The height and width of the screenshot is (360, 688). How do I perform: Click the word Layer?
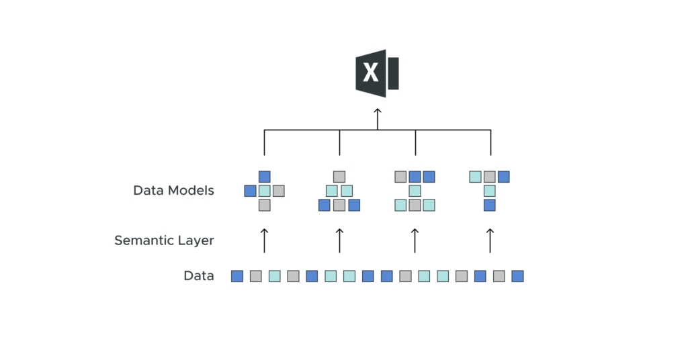195,240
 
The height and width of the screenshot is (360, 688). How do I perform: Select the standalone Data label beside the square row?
198,276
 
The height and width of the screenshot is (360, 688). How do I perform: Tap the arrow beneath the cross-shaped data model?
264,240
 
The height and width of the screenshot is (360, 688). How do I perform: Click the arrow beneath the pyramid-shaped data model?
339,240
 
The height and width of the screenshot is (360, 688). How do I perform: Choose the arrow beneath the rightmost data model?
490,240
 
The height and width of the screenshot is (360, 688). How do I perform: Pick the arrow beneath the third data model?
415,240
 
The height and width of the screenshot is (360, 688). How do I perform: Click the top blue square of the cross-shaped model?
264,177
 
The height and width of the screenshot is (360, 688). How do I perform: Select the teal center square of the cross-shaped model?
264,191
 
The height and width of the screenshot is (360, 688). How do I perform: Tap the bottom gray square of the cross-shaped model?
264,205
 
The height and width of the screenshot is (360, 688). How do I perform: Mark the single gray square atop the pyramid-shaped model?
339,177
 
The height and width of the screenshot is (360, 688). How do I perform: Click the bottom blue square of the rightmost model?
490,205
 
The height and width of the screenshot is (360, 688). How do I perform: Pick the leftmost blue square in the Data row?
237,276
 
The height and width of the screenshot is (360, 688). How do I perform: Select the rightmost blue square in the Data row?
517,276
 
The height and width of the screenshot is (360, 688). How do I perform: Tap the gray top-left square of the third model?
400,177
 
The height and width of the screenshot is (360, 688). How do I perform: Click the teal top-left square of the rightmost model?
476,177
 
